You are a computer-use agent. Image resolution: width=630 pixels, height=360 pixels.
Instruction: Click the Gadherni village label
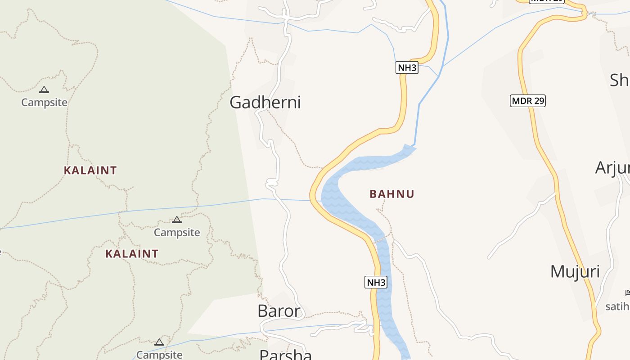[265, 103]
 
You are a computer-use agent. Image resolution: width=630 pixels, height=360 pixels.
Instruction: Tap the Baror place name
[279, 311]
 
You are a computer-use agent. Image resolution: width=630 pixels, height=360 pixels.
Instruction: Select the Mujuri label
[575, 271]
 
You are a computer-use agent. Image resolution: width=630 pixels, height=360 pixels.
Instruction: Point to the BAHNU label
[392, 194]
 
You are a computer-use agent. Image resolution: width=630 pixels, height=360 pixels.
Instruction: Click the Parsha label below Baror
[286, 355]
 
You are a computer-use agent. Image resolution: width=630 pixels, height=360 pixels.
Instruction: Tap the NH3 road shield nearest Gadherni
[407, 68]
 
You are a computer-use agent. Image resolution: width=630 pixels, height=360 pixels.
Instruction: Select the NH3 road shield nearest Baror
[376, 283]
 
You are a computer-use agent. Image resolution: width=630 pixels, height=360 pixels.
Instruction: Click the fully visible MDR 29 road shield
[528, 101]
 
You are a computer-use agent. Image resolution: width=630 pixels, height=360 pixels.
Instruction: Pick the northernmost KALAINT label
[90, 171]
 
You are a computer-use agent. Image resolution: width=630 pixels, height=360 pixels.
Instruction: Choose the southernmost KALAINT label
[132, 254]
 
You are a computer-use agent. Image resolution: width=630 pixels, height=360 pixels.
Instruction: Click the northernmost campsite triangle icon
[44, 90]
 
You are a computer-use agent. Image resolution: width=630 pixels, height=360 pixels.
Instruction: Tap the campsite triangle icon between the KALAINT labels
[177, 220]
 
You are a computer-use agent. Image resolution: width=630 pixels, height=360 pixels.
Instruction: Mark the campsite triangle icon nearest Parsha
[159, 342]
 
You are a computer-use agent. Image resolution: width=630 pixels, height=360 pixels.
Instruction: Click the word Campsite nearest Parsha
[159, 355]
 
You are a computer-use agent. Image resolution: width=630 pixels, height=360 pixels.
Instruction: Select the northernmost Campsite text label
[45, 102]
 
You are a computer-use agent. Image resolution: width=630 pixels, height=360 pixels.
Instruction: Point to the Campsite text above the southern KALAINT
[177, 232]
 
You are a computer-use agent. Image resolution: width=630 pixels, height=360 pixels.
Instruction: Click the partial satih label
[617, 306]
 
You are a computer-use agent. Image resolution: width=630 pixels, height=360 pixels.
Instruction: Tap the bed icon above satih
[628, 293]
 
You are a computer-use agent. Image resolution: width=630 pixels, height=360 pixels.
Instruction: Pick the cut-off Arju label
[612, 168]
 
